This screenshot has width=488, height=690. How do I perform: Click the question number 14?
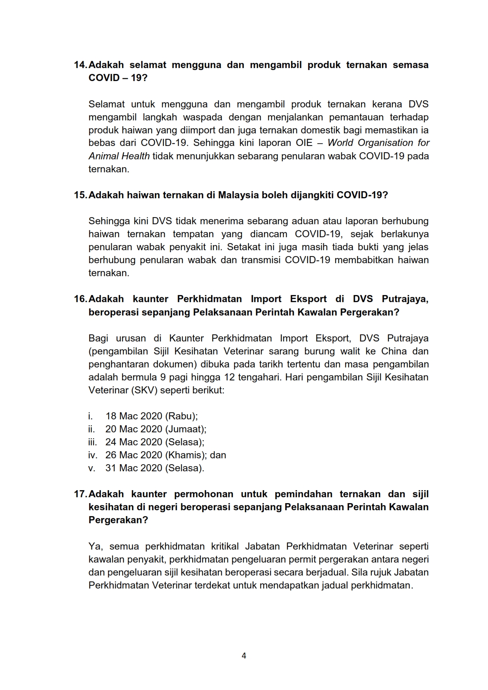pyautogui.click(x=80, y=65)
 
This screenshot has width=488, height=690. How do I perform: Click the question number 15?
pyautogui.click(x=80, y=195)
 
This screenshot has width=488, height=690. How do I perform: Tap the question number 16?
pyautogui.click(x=80, y=299)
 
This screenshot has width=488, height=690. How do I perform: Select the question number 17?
pyautogui.click(x=80, y=494)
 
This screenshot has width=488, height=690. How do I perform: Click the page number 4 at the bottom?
pyautogui.click(x=244, y=656)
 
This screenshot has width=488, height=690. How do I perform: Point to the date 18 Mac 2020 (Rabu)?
pyautogui.click(x=151, y=416)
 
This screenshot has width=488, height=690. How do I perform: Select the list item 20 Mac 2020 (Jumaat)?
pyautogui.click(x=156, y=429)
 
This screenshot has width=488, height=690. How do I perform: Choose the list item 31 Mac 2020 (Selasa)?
pyautogui.click(x=154, y=468)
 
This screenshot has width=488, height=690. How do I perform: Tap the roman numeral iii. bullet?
pyautogui.click(x=92, y=442)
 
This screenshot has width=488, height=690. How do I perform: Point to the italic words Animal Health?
pyautogui.click(x=119, y=156)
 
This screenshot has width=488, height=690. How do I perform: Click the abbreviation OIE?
pyautogui.click(x=304, y=143)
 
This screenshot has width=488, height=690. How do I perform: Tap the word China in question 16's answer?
pyautogui.click(x=393, y=351)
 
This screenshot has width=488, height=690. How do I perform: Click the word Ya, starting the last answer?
pyautogui.click(x=96, y=547)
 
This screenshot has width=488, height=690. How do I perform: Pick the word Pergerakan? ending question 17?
pyautogui.click(x=118, y=520)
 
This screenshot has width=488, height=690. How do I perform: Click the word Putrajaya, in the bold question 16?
pyautogui.click(x=405, y=299)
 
